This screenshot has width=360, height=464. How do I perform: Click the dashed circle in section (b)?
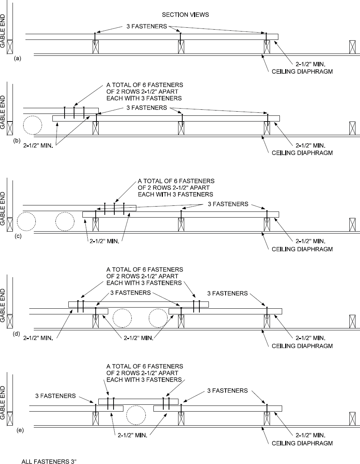32,125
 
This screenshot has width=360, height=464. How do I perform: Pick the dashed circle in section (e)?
136,415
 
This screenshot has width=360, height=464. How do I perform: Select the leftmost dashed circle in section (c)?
26,221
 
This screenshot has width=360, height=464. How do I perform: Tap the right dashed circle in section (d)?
158,318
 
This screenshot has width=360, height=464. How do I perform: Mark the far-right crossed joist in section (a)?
352,47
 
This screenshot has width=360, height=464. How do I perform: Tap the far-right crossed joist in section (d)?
352,321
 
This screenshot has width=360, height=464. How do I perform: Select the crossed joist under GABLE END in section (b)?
10,128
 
